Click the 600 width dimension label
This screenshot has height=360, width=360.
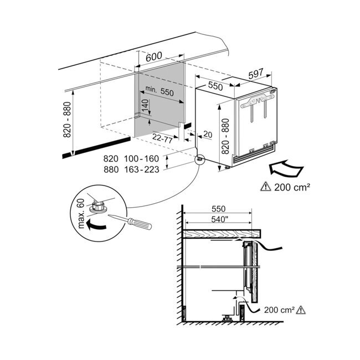pos(154,56)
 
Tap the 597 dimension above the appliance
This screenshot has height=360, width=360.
pos(256,74)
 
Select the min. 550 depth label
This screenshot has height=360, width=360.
pos(160,90)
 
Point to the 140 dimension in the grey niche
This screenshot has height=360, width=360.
pos(145,105)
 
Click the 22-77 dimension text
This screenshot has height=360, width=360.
pos(162,138)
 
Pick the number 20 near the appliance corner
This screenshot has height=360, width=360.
pos(208,135)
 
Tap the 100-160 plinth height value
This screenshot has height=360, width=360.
pos(142,158)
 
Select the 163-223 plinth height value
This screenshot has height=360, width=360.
pos(142,169)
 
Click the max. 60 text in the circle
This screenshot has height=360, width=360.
pos(81,214)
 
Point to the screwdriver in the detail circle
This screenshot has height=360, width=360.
pos(130,222)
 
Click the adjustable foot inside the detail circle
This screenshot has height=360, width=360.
pos(98,206)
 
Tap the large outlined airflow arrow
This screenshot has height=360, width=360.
pos(286,169)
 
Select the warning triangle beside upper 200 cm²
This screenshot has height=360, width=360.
pos(266,187)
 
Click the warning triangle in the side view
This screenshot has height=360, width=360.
pos(301,310)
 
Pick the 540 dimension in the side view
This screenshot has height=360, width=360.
pos(218,219)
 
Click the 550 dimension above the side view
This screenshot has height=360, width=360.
pos(219,209)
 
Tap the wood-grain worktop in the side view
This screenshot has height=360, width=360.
pos(222,234)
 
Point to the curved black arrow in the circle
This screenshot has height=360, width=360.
pos(96,224)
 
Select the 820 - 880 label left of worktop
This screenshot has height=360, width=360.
pos(67,120)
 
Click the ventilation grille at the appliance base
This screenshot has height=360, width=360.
pos(254,155)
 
